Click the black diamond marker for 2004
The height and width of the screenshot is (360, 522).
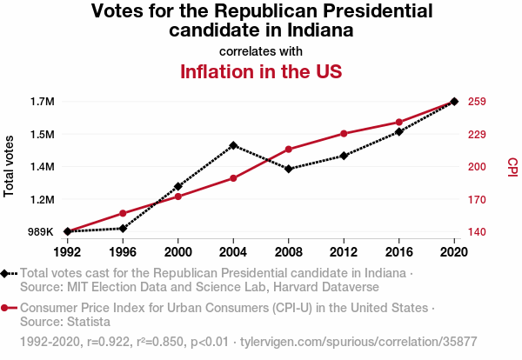coord(233,145)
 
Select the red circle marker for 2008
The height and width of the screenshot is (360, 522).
coord(289,150)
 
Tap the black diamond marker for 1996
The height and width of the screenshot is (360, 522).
coord(123,229)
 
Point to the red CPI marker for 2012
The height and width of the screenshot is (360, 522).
coord(344,133)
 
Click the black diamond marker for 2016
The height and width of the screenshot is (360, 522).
coord(399,131)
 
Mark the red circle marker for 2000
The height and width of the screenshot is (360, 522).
coord(177,197)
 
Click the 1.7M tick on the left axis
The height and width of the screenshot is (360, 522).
coord(42,102)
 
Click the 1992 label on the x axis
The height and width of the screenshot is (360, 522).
coord(67,252)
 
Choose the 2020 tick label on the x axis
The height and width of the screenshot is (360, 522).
coord(454,252)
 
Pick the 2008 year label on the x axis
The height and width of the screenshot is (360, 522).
coord(289,252)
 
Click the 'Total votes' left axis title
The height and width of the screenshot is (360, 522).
coord(10,166)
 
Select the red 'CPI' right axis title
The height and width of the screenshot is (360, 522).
coord(512,166)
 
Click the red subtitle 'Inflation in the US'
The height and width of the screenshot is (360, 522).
coord(260,71)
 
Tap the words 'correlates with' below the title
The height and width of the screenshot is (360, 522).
coord(260,50)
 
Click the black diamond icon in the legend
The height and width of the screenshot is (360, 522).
coord(5,273)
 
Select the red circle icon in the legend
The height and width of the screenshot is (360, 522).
coord(5,308)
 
